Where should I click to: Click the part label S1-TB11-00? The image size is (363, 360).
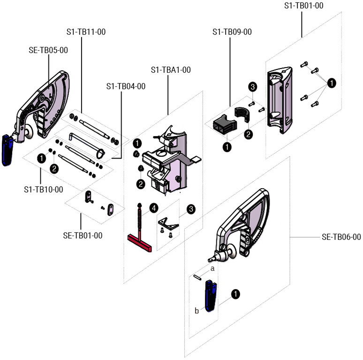tap(86, 32)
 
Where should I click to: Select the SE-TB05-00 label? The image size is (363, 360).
tap(48, 50)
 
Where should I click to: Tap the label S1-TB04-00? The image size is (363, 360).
tap(126, 86)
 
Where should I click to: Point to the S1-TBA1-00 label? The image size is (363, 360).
tap(171, 70)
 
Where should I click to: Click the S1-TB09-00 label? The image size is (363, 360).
tap(232, 32)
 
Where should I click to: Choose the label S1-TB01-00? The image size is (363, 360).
tap(304, 6)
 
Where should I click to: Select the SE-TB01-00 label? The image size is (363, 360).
tap(83, 235)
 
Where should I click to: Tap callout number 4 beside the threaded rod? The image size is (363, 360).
tap(154, 207)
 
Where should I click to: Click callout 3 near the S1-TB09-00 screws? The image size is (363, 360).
tap(253, 87)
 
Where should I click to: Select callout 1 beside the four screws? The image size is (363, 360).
tap(332, 83)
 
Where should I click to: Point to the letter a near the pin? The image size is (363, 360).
tap(212, 268)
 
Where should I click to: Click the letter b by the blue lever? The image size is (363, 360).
tap(197, 310)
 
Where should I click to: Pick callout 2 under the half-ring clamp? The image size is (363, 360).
tap(249, 134)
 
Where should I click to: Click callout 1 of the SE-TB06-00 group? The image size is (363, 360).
tap(236, 294)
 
